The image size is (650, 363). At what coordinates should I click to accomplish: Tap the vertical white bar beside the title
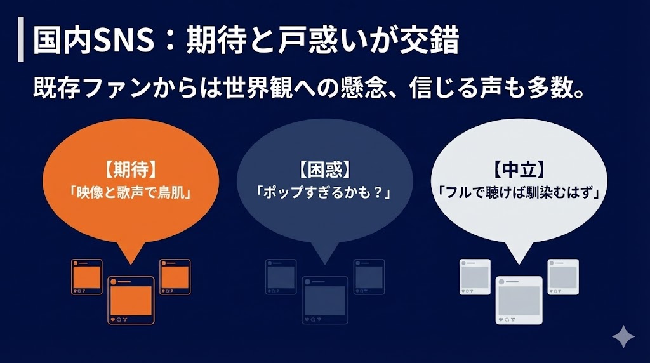[21, 42]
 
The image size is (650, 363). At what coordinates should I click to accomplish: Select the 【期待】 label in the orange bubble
[131, 170]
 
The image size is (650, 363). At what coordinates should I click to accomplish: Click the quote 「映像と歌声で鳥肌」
[131, 192]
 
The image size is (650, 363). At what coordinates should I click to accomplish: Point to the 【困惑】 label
[325, 170]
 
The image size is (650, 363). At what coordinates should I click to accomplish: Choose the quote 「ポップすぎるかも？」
[324, 192]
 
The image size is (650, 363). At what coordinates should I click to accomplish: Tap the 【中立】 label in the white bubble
[520, 170]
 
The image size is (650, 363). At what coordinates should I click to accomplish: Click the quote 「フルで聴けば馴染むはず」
[520, 192]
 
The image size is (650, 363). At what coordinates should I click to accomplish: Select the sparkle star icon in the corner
[623, 336]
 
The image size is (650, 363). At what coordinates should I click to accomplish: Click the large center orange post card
[131, 300]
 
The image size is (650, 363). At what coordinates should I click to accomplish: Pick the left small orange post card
[87, 277]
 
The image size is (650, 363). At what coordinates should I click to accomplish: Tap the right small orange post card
[175, 277]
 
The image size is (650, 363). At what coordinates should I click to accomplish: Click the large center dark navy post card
[325, 300]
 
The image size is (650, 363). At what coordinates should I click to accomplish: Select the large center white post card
[519, 300]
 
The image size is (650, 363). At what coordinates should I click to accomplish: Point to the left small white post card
[475, 277]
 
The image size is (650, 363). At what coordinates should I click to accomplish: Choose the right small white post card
[563, 277]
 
